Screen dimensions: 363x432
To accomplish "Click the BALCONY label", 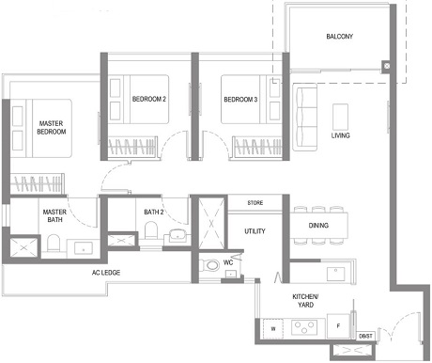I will pyautogui.click(x=340, y=37).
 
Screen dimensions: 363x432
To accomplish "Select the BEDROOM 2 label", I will pyautogui.click(x=149, y=99).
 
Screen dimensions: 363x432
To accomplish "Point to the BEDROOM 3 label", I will pyautogui.click(x=240, y=99).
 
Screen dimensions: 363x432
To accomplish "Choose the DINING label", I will pyautogui.click(x=318, y=226).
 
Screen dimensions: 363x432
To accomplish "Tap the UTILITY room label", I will pyautogui.click(x=255, y=230).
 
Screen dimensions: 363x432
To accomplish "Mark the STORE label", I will pyautogui.click(x=255, y=202).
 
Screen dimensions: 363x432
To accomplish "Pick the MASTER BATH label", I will pyautogui.click(x=54, y=217).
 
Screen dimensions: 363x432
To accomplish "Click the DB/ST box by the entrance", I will pyautogui.click(x=364, y=336).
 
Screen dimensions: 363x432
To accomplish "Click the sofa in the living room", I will pyautogui.click(x=306, y=113).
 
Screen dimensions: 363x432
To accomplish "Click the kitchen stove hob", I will pyautogui.click(x=306, y=329).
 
